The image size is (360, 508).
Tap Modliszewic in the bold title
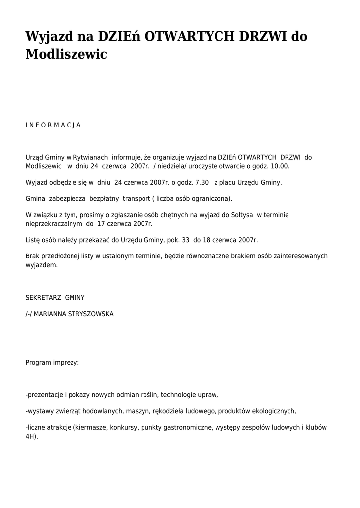click(x=66, y=54)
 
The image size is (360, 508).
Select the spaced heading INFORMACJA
click(x=53, y=125)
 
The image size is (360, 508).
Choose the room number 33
click(x=186, y=240)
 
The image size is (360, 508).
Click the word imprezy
click(x=66, y=363)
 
